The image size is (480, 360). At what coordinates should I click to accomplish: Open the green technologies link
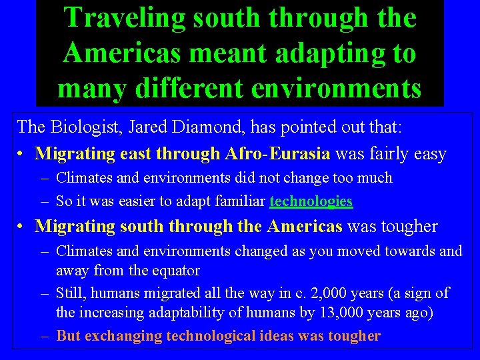click(311, 201)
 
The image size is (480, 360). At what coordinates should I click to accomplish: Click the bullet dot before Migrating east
click(22, 155)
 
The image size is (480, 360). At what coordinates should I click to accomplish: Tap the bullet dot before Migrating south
click(22, 227)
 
